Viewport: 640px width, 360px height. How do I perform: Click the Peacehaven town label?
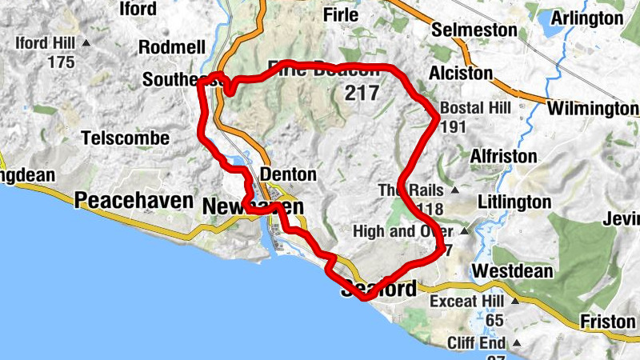pyautogui.click(x=134, y=201)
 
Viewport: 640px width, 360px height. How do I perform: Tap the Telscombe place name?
pyautogui.click(x=126, y=138)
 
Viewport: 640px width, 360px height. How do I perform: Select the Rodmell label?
pyautogui.click(x=172, y=48)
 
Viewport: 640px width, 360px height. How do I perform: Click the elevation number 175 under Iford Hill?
pyautogui.click(x=61, y=62)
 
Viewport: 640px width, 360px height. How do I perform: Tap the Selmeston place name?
pyautogui.click(x=474, y=30)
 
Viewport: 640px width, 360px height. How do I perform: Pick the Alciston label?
pyautogui.click(x=460, y=73)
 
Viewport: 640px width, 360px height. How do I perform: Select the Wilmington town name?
pyautogui.click(x=592, y=109)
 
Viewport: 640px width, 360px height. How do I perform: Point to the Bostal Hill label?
pyautogui.click(x=474, y=108)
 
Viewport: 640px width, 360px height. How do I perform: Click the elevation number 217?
pyautogui.click(x=362, y=93)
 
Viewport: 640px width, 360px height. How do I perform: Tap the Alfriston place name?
pyautogui.click(x=503, y=156)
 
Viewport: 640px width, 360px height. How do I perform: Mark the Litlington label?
pyautogui.click(x=515, y=202)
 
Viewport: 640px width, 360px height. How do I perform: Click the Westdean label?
pyautogui.click(x=512, y=271)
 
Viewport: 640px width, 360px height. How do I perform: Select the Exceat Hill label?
pyautogui.click(x=466, y=302)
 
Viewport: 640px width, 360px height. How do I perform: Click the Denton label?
pyautogui.click(x=288, y=174)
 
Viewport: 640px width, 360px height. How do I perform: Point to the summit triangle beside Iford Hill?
pyautogui.click(x=86, y=42)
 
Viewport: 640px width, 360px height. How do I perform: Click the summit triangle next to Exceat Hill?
pyautogui.click(x=515, y=302)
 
